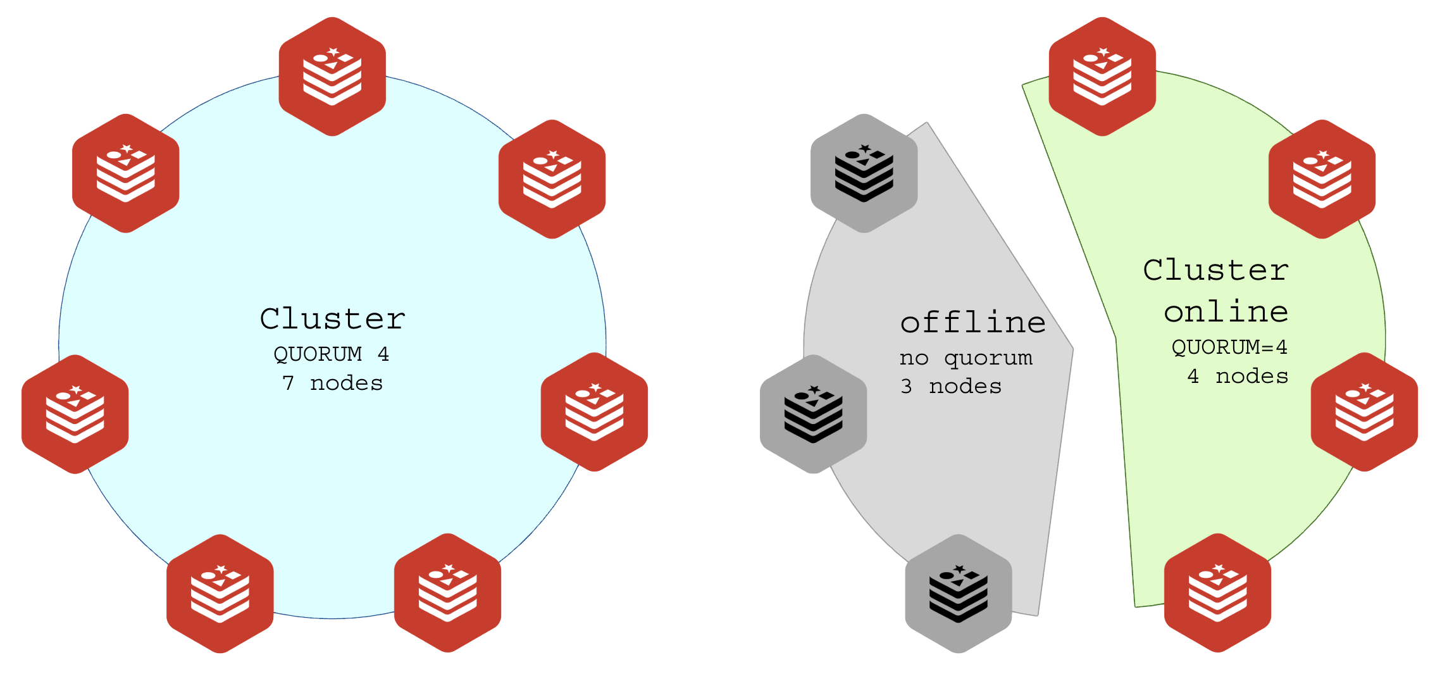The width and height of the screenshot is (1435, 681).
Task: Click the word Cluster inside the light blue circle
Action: click(x=332, y=318)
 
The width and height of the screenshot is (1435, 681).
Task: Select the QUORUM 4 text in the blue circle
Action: click(x=331, y=354)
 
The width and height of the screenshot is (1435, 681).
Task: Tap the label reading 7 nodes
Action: click(x=332, y=383)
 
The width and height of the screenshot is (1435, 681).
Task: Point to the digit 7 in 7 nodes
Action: click(x=289, y=383)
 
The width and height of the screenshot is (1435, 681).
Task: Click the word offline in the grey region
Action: click(x=972, y=322)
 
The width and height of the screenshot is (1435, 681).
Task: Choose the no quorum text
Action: click(x=966, y=358)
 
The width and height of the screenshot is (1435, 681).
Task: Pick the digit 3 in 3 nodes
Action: click(x=906, y=386)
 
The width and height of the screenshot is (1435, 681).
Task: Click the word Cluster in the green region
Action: click(x=1215, y=270)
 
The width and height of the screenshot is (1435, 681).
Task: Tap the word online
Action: click(x=1226, y=311)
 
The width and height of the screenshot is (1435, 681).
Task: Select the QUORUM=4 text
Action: click(x=1229, y=347)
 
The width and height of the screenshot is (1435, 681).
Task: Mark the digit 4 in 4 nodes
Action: click(x=1193, y=376)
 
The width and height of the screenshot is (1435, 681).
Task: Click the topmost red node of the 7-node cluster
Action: click(x=332, y=77)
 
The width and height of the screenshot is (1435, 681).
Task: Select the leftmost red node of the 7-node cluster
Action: click(x=75, y=415)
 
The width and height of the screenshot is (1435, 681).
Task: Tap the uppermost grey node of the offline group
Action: click(x=864, y=173)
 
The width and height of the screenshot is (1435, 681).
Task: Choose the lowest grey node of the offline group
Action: click(x=958, y=594)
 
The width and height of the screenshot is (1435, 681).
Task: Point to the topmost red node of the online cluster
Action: click(x=1102, y=77)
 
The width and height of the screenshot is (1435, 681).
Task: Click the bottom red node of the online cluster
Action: click(x=1217, y=593)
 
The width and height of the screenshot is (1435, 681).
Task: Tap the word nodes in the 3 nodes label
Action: click(x=965, y=386)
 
